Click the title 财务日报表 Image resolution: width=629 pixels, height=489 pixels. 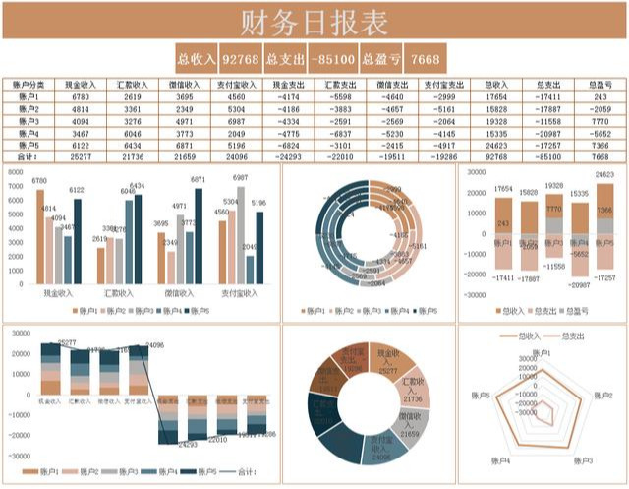click(314, 21)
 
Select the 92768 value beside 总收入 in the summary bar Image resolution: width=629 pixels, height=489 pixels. click(241, 58)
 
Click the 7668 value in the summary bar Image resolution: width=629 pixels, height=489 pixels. click(426, 58)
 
